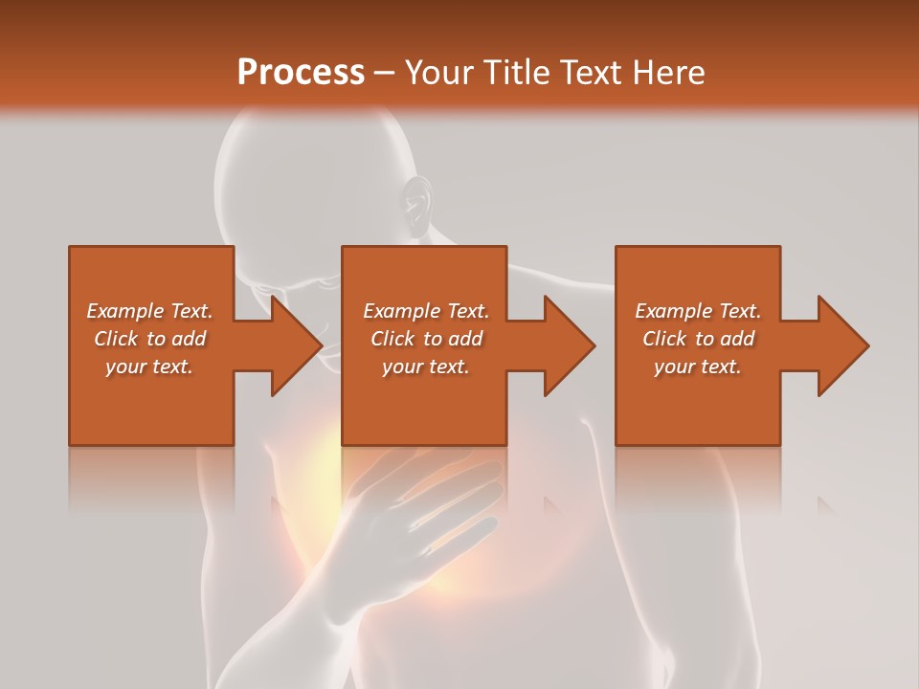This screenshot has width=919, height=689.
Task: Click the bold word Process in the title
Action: (301, 73)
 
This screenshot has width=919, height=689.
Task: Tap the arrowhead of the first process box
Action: (296, 345)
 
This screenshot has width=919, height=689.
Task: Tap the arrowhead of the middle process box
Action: (570, 345)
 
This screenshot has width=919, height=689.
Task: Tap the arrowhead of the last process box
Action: (842, 345)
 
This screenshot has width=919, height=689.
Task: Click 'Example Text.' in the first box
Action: (149, 311)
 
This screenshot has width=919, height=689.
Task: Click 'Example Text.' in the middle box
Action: (426, 311)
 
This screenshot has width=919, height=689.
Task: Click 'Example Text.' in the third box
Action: (698, 311)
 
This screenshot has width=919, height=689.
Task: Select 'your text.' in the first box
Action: (149, 367)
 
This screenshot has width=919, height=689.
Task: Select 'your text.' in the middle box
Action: (426, 367)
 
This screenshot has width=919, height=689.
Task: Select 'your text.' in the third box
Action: (698, 367)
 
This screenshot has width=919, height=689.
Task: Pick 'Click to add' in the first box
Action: (149, 339)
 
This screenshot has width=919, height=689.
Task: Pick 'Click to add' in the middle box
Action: (426, 339)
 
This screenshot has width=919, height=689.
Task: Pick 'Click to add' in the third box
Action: (698, 339)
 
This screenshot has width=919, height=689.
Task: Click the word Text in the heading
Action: (592, 73)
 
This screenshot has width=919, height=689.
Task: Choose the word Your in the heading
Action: (438, 73)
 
